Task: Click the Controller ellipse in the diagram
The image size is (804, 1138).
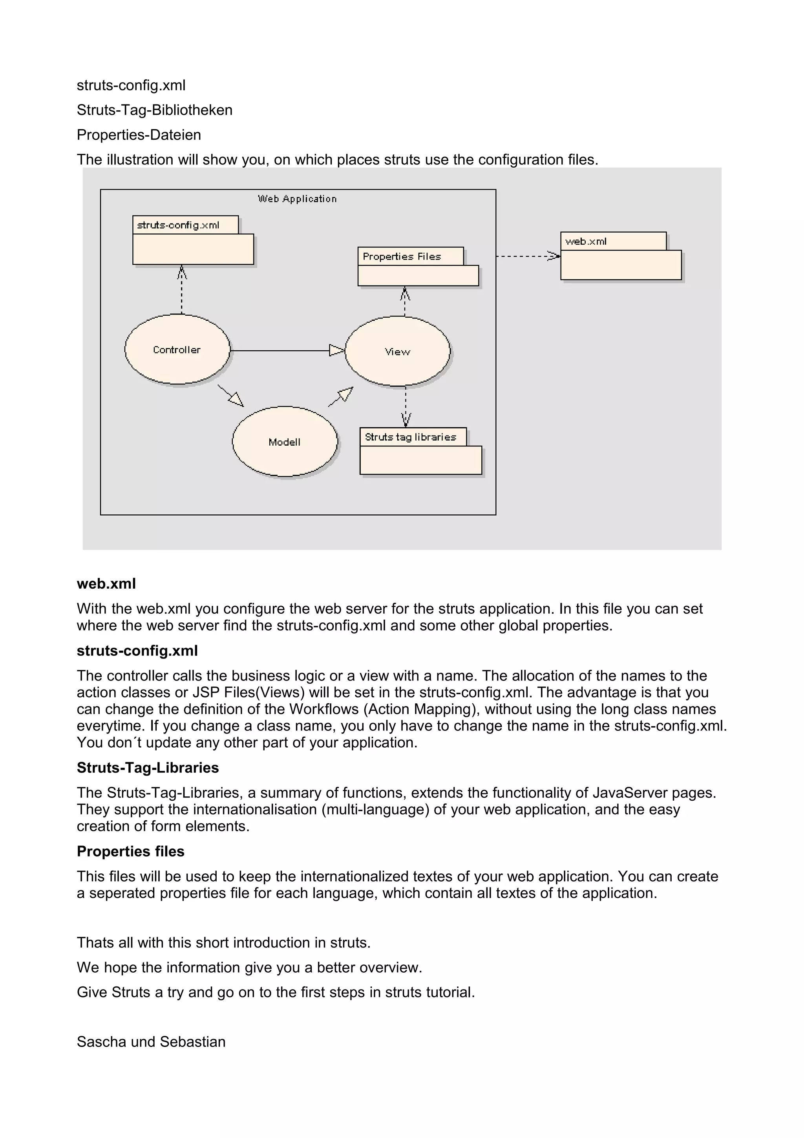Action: click(x=177, y=349)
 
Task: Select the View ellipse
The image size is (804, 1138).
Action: click(x=397, y=351)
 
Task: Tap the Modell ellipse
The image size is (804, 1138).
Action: click(x=284, y=442)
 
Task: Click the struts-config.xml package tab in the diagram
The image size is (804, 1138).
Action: click(x=178, y=225)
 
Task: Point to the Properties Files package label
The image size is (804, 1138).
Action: click(x=402, y=256)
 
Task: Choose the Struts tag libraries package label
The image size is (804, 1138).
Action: click(x=410, y=437)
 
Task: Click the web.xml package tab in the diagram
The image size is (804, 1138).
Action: click(x=586, y=242)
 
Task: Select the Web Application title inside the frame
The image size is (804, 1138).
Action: click(x=297, y=199)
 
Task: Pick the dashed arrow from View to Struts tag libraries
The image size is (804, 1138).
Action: click(x=406, y=406)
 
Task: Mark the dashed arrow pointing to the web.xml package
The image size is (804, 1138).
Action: click(x=528, y=256)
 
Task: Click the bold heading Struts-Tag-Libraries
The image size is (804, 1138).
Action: click(x=148, y=768)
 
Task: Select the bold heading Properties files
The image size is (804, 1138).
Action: click(x=130, y=851)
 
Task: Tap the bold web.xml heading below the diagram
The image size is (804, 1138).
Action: click(x=106, y=584)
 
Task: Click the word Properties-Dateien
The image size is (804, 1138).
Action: click(x=139, y=135)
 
